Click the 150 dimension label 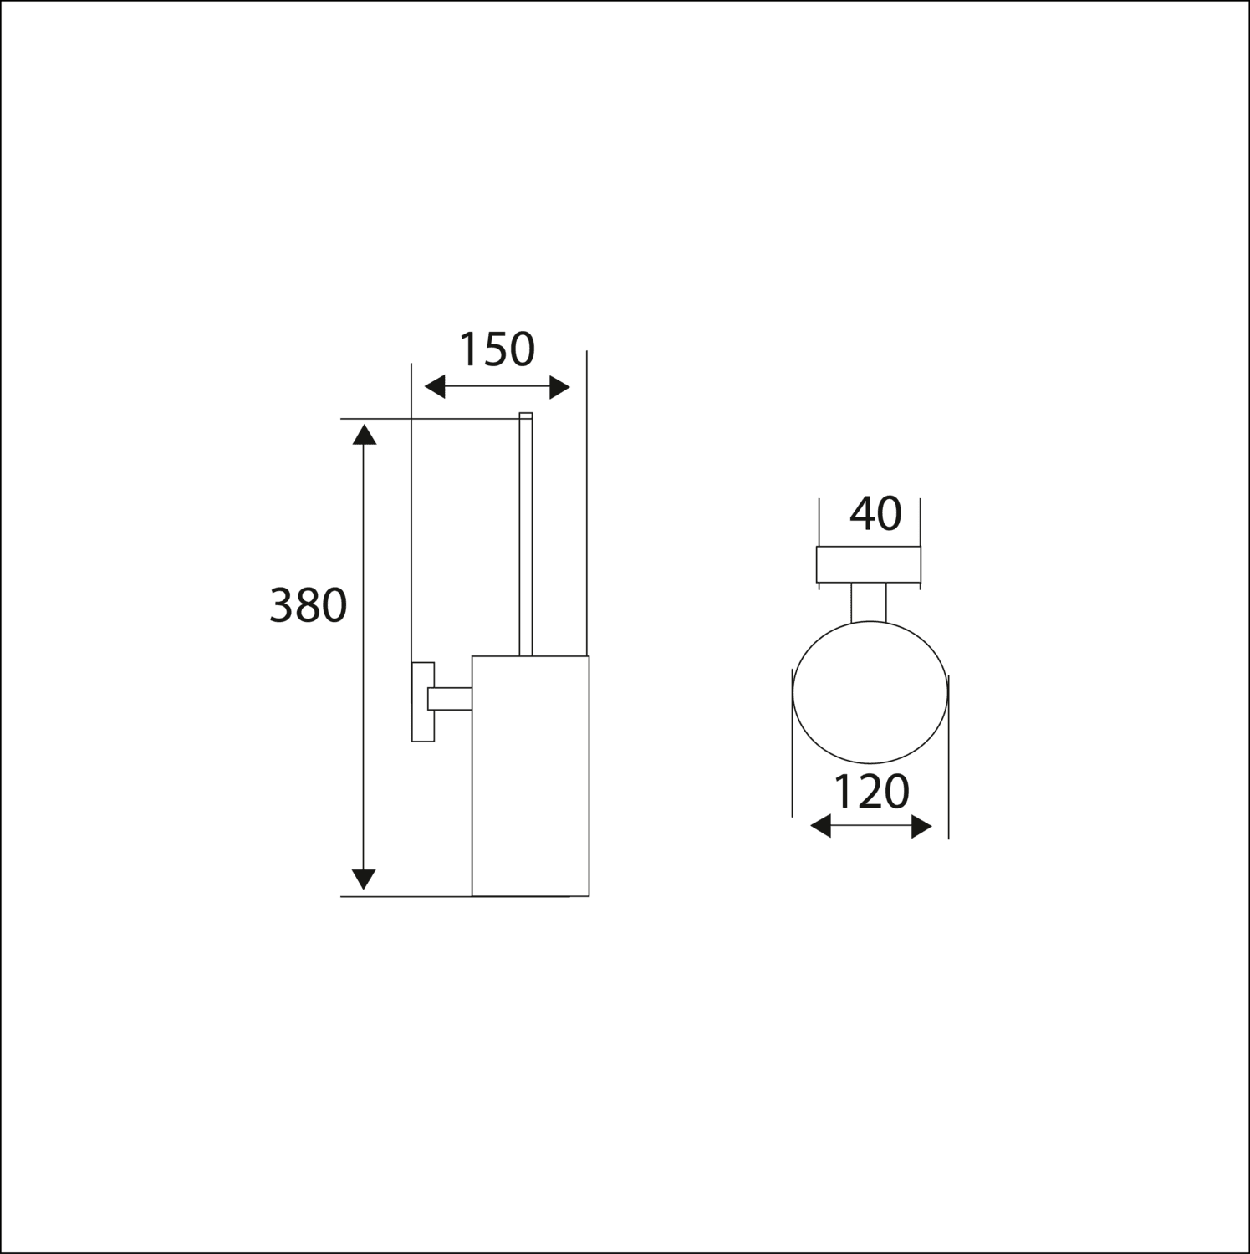click(497, 349)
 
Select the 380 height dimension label click(308, 605)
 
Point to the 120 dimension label click(871, 792)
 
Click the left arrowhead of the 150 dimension click(436, 387)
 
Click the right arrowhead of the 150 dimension click(559, 387)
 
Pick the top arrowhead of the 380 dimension click(363, 435)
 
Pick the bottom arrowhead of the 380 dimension click(363, 879)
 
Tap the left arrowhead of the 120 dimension click(821, 828)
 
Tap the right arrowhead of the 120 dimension click(921, 828)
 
